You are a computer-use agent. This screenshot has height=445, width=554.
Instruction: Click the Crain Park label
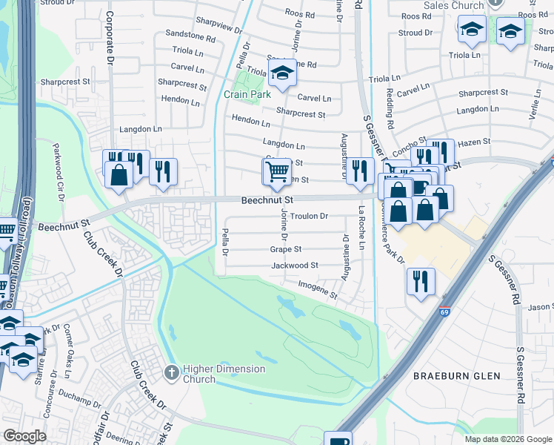coord(247,94)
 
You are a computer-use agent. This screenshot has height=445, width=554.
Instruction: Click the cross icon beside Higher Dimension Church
coord(171,370)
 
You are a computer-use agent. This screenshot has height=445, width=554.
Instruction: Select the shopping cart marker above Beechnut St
coord(276,171)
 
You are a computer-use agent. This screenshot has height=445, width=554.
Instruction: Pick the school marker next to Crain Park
coord(281,73)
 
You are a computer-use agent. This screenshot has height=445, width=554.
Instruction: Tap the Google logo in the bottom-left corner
coord(24,435)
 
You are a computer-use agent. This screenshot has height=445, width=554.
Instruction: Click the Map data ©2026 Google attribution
coord(508,439)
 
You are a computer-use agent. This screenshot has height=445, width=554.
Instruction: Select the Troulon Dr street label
coord(309,217)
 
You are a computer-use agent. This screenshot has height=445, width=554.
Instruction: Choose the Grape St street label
coord(285,249)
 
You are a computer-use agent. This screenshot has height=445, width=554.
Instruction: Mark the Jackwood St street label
coord(294,265)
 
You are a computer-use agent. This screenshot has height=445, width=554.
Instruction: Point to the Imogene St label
coord(318,289)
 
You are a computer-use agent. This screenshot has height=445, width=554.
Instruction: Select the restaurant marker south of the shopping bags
coord(420,280)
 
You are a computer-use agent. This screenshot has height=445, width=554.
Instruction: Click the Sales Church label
coord(453,5)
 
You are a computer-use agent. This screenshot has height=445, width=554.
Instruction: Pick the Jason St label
coord(541,306)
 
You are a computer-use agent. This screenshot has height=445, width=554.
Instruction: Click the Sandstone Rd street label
coord(190,36)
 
